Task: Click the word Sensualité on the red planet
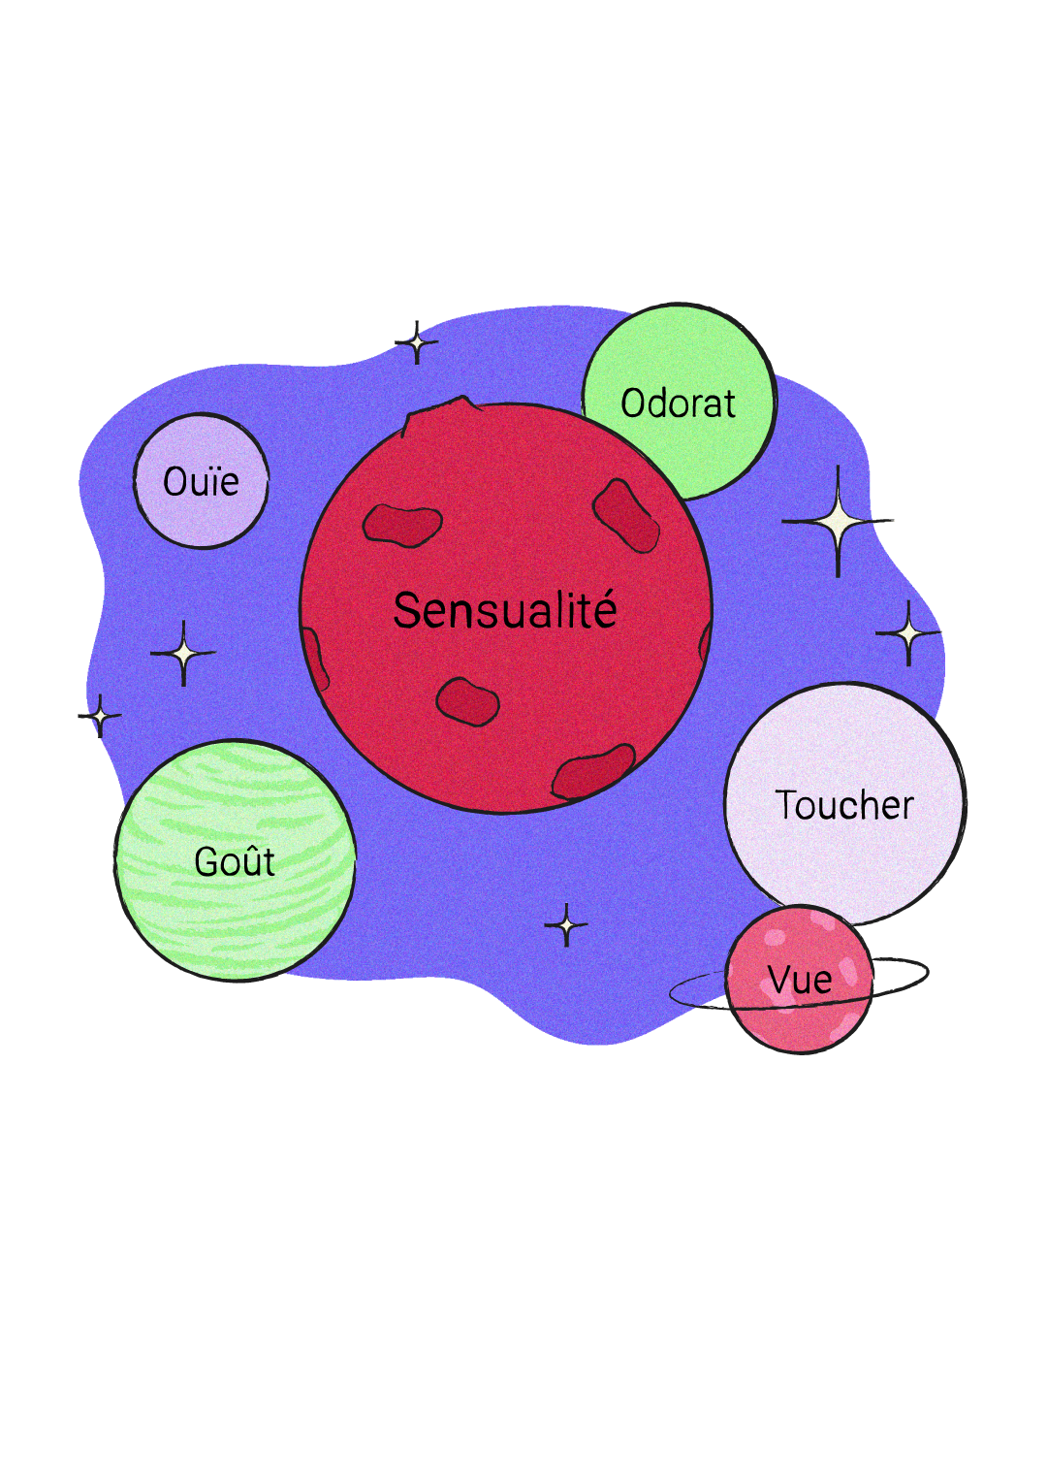505,611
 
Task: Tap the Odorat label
678,403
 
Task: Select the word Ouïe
201,481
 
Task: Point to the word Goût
235,861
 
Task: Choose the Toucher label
844,805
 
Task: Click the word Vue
800,980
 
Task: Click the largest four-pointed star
838,522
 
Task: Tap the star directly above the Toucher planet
908,633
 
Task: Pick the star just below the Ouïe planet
183,654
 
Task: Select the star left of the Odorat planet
417,342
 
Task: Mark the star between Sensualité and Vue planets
566,925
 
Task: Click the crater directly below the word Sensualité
467,700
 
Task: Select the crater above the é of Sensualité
626,514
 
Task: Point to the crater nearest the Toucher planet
592,772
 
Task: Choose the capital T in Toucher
785,805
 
